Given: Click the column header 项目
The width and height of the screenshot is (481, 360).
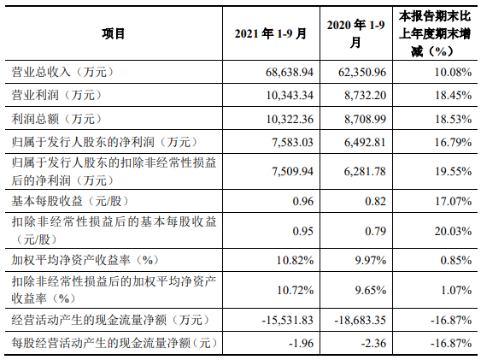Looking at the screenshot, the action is point(114,33).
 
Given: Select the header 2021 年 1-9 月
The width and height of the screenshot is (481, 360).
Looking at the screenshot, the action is point(271,33).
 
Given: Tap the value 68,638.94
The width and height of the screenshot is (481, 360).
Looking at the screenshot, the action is point(290,72).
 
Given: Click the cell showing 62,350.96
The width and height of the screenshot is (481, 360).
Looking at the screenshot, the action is point(362,72).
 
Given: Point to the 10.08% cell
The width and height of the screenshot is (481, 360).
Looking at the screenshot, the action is point(453,72).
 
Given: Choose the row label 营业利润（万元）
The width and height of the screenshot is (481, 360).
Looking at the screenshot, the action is point(56,95).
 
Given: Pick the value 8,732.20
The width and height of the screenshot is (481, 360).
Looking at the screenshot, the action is point(365,95).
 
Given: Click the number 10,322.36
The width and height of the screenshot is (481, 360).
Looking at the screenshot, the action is point(290,119).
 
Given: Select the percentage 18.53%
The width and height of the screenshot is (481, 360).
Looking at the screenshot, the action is point(453,119).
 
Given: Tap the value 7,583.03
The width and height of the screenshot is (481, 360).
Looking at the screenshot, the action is point(293,142).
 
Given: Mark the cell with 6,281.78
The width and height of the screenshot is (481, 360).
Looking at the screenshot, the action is point(365,171).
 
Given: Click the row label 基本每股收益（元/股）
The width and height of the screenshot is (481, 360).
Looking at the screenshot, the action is point(70,201).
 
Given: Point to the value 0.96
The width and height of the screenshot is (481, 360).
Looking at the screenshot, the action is point(303,201).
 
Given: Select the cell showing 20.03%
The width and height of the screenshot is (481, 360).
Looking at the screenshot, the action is point(453,231).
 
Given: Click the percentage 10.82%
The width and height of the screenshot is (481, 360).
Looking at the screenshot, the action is point(295,260).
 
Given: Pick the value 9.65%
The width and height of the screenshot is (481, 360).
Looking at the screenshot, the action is point(371,290).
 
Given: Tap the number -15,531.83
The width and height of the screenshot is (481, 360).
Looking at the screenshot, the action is point(287,320).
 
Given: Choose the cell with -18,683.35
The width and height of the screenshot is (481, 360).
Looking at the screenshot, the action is point(361,320).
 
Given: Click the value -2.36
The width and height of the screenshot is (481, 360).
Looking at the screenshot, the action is point(373,343).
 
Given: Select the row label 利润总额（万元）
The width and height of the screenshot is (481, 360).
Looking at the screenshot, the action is point(56,119).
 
